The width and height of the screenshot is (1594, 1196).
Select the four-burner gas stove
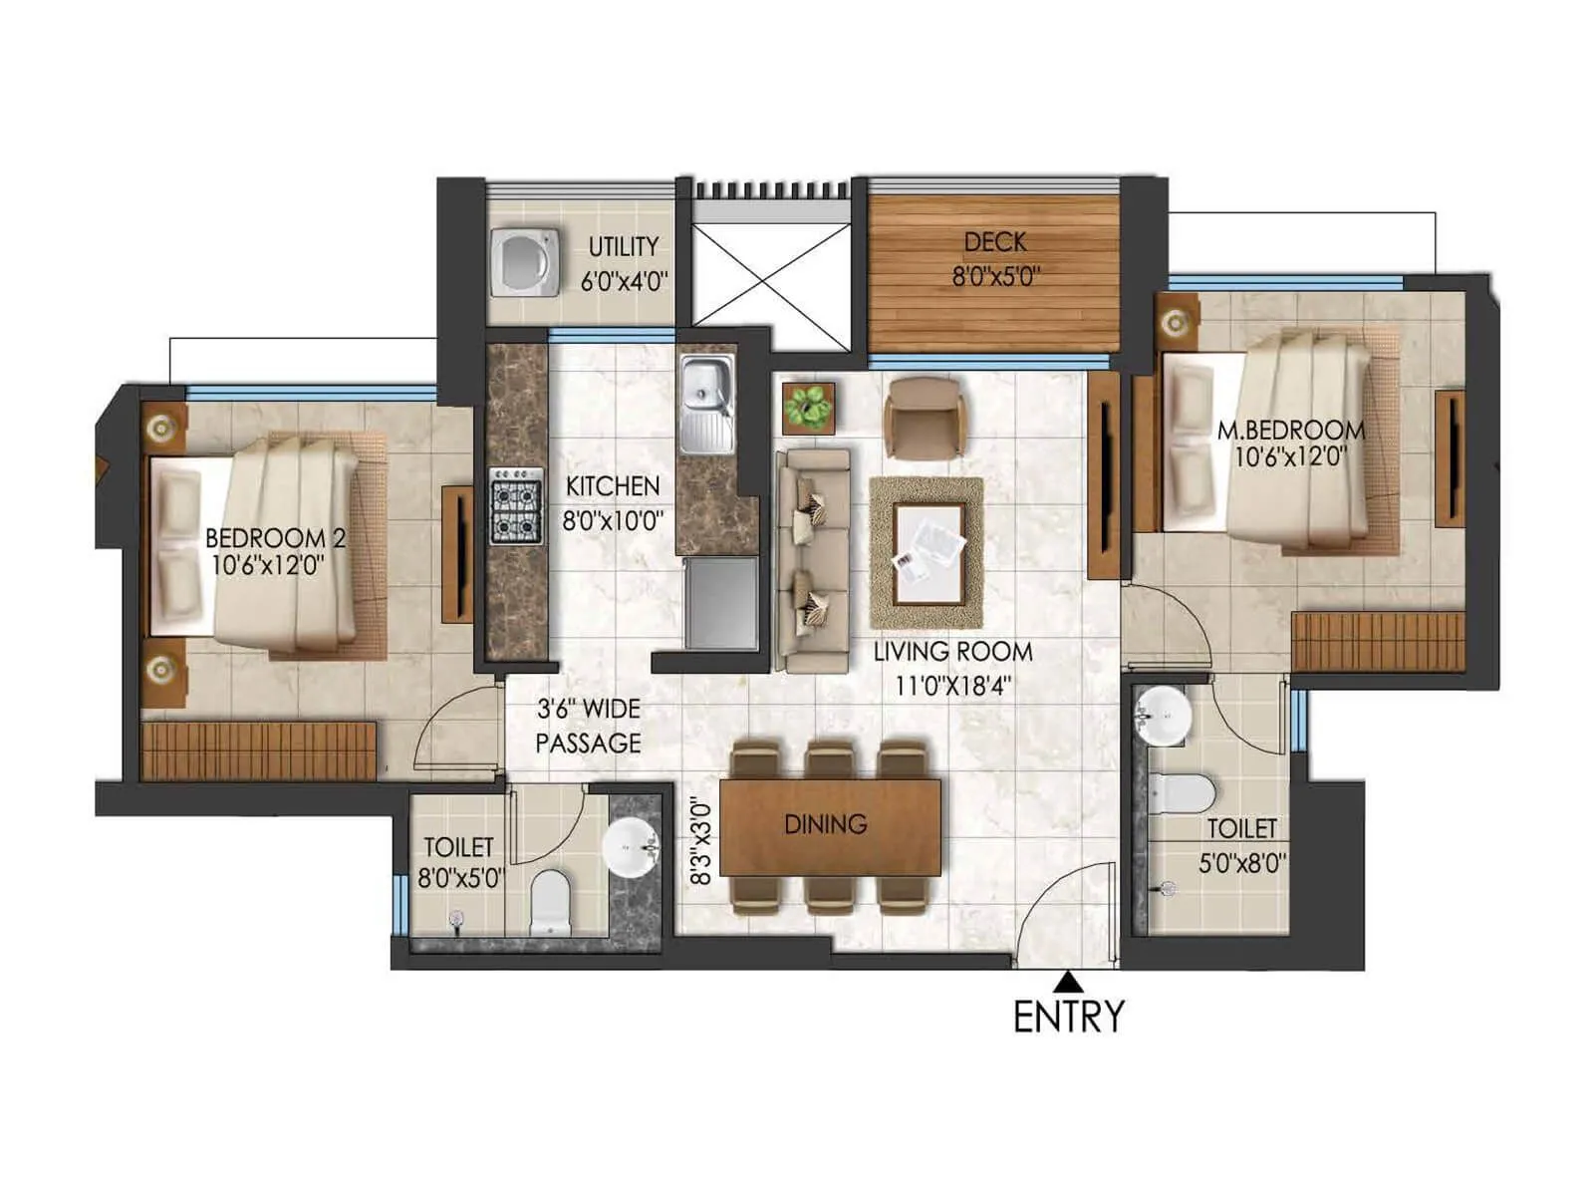tap(517, 506)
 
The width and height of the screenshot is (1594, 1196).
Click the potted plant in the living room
tap(808, 407)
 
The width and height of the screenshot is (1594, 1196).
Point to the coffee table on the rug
tap(929, 552)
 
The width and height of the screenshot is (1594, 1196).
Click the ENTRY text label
tap(1068, 1018)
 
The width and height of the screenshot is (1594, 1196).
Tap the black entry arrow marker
tap(1068, 981)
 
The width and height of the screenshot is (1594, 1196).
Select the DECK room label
tap(994, 242)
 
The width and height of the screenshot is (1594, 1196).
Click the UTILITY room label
tap(624, 246)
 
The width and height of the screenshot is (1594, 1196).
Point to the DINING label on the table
tap(825, 824)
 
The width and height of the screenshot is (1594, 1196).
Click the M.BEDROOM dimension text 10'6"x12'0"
tap(1290, 457)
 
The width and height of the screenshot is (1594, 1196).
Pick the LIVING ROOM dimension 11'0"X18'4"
tap(952, 686)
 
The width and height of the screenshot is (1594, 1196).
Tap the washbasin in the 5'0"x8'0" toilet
tap(1163, 715)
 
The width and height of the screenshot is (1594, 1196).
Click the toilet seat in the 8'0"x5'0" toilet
tap(549, 901)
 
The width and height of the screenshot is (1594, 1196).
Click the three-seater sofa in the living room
tap(813, 560)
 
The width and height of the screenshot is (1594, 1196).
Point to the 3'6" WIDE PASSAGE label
tap(588, 726)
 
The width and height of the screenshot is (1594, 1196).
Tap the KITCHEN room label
tap(613, 486)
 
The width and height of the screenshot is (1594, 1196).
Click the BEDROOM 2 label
tap(275, 538)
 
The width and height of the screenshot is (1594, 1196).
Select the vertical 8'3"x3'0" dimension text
tap(702, 843)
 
